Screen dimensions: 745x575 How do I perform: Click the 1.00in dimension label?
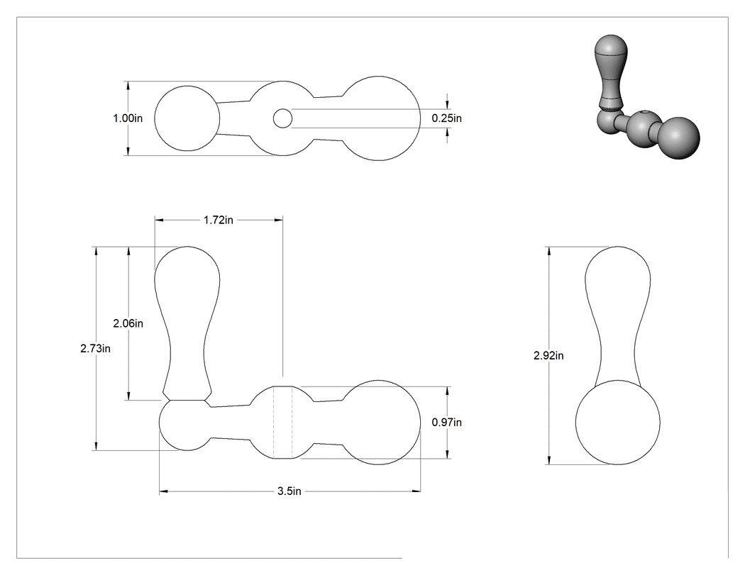[127, 118]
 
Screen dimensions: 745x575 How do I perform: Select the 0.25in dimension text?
[446, 118]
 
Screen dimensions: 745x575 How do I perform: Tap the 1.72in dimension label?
[219, 220]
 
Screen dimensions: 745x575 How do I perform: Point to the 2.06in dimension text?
[128, 323]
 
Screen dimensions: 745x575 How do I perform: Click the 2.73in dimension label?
[96, 349]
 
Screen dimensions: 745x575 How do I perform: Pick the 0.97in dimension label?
[446, 422]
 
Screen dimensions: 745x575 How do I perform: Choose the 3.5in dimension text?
[289, 491]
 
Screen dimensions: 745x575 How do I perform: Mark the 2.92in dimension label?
[548, 356]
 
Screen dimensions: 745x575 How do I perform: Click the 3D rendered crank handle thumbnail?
[646, 97]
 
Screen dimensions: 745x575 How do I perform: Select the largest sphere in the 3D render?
[680, 138]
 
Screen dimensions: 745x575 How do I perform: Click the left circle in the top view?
[155, 118]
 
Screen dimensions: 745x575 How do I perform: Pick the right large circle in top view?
[421, 118]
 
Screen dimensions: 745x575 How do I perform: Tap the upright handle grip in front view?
[187, 323]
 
